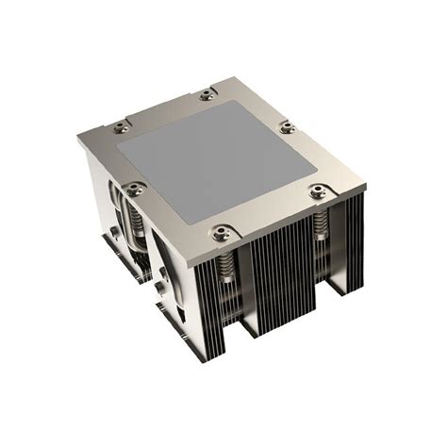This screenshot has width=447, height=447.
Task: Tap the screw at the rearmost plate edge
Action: pos(206,94)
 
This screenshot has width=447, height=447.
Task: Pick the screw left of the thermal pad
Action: pos(138,186)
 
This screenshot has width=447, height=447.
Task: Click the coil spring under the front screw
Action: pos(225,264)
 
